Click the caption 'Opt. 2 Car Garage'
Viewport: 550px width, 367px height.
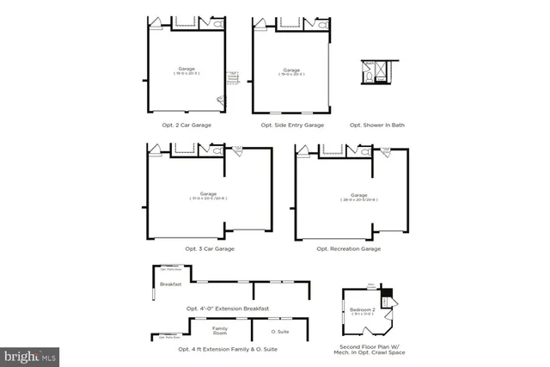[186, 125]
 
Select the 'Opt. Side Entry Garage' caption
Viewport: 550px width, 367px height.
[292, 125]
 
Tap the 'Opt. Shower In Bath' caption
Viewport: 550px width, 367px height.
[377, 125]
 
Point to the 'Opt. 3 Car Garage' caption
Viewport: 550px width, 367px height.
[210, 248]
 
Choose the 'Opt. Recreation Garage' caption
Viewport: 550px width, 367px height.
[349, 248]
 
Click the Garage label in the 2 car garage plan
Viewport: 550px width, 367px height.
[186, 68]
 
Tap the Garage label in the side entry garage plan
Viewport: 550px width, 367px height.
[292, 70]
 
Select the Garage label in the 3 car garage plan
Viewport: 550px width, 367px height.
[209, 193]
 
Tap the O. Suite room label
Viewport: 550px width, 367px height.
[280, 331]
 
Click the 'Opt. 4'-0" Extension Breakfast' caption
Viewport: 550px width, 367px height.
[228, 308]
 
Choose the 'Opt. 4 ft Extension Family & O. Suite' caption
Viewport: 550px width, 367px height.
[228, 349]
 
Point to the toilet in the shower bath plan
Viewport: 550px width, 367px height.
[368, 76]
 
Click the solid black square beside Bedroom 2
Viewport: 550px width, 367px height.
[386, 294]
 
